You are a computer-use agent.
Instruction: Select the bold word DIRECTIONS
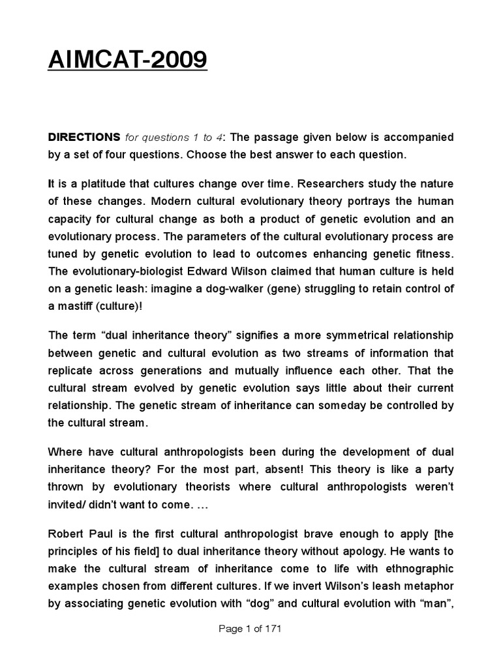coord(84,138)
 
